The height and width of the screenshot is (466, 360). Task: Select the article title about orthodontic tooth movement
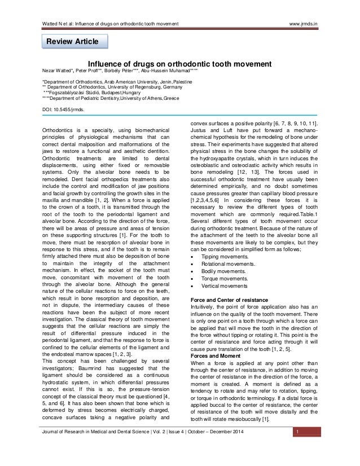pyautogui.click(x=180, y=64)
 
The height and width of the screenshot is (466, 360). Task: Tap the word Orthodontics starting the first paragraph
pyautogui.click(x=59, y=129)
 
